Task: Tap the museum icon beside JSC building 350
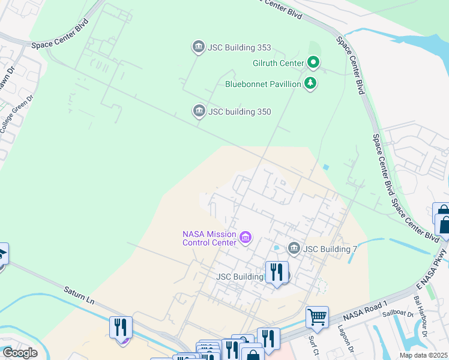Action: (199, 112)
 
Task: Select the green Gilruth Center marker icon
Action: (313, 62)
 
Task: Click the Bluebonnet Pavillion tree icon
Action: (310, 84)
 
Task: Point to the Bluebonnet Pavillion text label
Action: (263, 85)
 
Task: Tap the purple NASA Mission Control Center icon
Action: (245, 238)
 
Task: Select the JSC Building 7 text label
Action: (327, 249)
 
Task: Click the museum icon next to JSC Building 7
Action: (294, 248)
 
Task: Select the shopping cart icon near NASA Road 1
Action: (317, 316)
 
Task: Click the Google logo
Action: (20, 353)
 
